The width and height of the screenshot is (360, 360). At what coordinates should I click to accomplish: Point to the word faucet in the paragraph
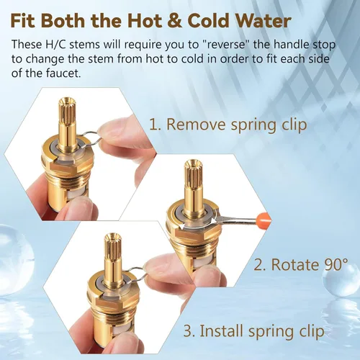click(x=63, y=73)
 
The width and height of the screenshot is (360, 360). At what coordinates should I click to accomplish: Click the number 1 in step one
click(x=153, y=125)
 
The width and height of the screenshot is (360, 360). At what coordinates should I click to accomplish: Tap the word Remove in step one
click(x=197, y=125)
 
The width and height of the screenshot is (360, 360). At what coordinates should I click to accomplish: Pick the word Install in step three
click(x=222, y=330)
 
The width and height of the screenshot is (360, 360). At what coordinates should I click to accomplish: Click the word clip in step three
click(x=312, y=331)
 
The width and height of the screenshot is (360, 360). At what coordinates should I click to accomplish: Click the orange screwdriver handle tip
click(x=264, y=218)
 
